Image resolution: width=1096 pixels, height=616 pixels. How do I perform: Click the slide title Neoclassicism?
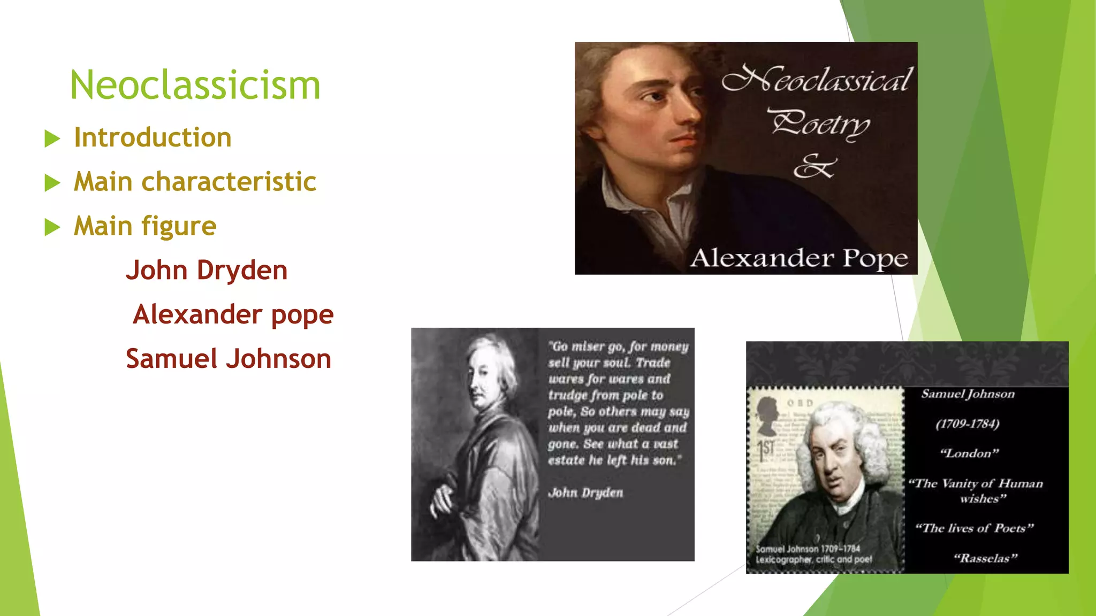coord(195,85)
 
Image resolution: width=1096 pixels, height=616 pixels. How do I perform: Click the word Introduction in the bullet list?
coord(153,137)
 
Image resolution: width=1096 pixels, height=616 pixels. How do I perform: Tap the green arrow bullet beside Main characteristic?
coord(52,183)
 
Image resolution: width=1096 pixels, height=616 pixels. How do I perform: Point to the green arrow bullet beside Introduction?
coord(52,138)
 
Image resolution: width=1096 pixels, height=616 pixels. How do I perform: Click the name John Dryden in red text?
coord(207,270)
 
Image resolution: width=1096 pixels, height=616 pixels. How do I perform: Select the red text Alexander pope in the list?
coord(233,314)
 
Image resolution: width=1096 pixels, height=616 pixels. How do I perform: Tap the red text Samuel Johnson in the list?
coord(229,359)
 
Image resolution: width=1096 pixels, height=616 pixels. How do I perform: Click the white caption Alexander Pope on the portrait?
coord(799,258)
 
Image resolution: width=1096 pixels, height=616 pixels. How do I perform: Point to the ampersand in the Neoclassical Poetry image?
coord(813,166)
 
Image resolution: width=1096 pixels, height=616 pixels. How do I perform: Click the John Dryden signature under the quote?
coord(585,492)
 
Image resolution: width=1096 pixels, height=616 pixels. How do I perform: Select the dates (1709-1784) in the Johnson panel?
coord(968,424)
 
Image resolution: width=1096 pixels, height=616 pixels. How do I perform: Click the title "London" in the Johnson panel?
coord(969,453)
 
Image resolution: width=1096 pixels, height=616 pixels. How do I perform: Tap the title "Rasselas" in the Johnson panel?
coord(985,558)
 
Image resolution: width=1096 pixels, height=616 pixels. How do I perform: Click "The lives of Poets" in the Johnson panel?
coord(974,528)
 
